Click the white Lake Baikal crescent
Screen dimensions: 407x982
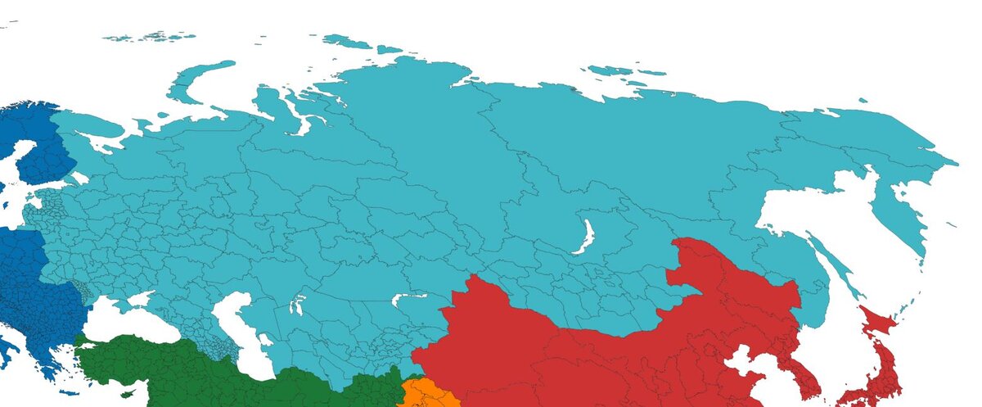pos(585,237)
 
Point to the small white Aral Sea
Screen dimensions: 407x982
pos(297,305)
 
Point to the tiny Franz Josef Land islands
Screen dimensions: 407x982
pos(151,37)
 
